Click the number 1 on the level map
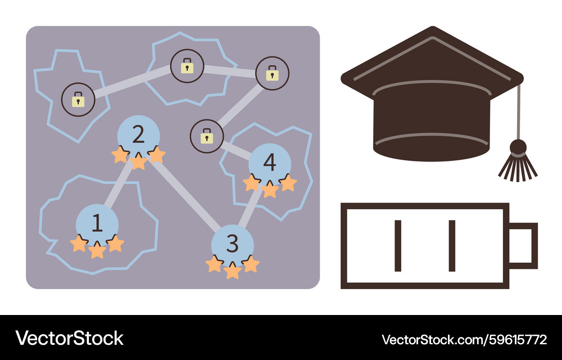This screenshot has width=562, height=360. [97, 223]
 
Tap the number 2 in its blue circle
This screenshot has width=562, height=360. [138, 134]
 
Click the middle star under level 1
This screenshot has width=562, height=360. [97, 250]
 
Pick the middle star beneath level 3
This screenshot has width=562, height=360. [233, 271]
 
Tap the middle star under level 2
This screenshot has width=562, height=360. [138, 161]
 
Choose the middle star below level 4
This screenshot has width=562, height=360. [270, 190]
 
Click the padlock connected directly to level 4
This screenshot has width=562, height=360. [207, 136]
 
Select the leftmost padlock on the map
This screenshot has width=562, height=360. [78, 100]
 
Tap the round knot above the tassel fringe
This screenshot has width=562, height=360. [518, 147]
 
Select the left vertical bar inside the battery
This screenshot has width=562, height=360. [398, 246]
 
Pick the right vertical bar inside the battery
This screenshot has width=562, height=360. [452, 246]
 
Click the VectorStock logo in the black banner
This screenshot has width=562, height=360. [69, 338]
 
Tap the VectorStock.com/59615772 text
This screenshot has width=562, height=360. [465, 339]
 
